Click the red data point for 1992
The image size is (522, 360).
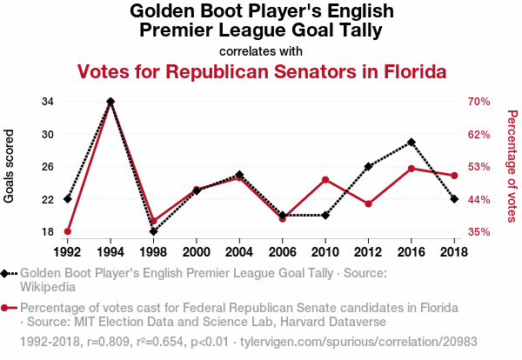click(68, 231)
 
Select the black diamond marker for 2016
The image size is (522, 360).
click(412, 142)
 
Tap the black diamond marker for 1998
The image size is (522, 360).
click(153, 231)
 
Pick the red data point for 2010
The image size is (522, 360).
click(325, 180)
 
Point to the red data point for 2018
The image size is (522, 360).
click(454, 176)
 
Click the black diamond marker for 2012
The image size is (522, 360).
click(368, 166)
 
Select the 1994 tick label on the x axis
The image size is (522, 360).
click(110, 251)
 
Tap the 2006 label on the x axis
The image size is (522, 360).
click(282, 251)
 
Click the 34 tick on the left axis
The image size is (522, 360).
click(48, 102)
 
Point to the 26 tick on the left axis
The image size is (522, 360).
click(48, 167)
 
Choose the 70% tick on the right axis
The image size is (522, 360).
click(479, 102)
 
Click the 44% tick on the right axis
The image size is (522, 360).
click(479, 200)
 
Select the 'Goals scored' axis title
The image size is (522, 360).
click(10, 167)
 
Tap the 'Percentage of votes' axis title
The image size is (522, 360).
click(512, 165)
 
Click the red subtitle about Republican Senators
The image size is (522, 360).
click(262, 71)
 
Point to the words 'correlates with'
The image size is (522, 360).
click(262, 50)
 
